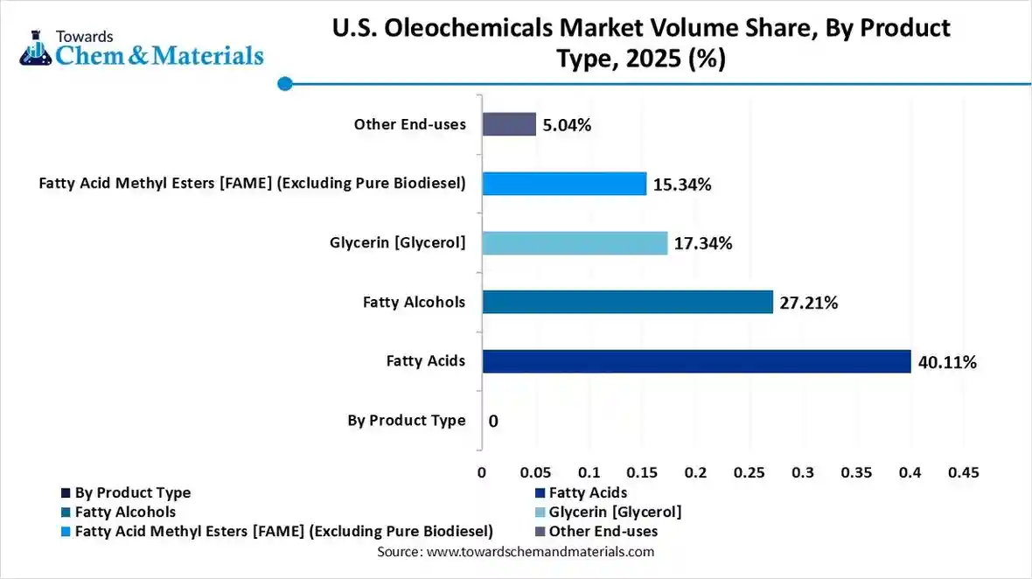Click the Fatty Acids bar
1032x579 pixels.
[x=696, y=361]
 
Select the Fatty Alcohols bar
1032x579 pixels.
[x=627, y=302]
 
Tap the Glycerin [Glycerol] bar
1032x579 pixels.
[x=575, y=243]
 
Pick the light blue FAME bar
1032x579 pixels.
[x=564, y=184]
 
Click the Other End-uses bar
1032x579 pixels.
[x=509, y=124]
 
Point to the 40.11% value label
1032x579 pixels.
[x=947, y=362]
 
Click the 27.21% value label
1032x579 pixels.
[x=809, y=303]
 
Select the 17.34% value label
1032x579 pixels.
[x=703, y=243]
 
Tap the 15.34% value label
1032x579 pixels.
[x=682, y=185]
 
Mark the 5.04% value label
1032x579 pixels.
[x=567, y=125]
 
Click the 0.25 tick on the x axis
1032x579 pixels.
[x=750, y=472]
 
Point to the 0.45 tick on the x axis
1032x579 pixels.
[x=964, y=472]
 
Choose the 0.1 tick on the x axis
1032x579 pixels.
[x=589, y=472]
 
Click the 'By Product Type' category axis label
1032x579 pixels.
[x=407, y=421]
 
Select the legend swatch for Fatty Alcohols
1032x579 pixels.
[x=66, y=512]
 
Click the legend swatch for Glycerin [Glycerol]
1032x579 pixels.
[x=540, y=512]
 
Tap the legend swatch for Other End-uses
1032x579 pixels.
[x=540, y=531]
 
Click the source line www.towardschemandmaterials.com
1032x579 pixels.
[x=515, y=552]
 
